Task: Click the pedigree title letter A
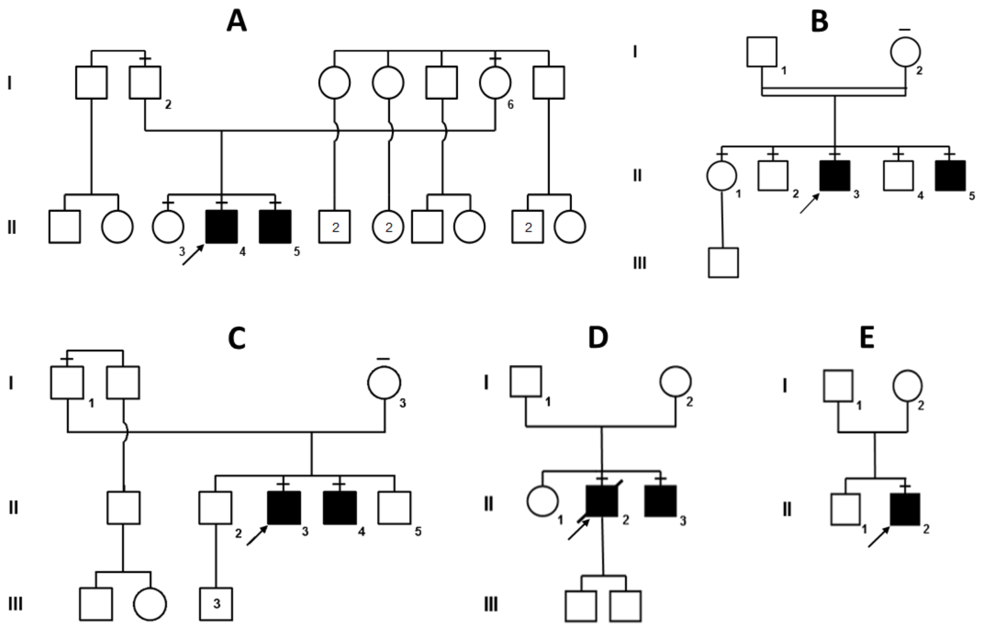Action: (237, 21)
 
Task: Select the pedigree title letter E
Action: (867, 338)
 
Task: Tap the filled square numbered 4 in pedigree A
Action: (222, 227)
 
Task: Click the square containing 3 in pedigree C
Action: (216, 604)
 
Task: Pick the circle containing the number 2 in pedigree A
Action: (388, 227)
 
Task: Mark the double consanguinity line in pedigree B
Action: (834, 92)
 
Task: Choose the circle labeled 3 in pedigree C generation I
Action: (384, 382)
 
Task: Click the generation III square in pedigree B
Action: (723, 263)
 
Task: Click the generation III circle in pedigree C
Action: (150, 604)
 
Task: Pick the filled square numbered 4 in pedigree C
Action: (340, 508)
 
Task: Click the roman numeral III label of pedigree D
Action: (491, 604)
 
